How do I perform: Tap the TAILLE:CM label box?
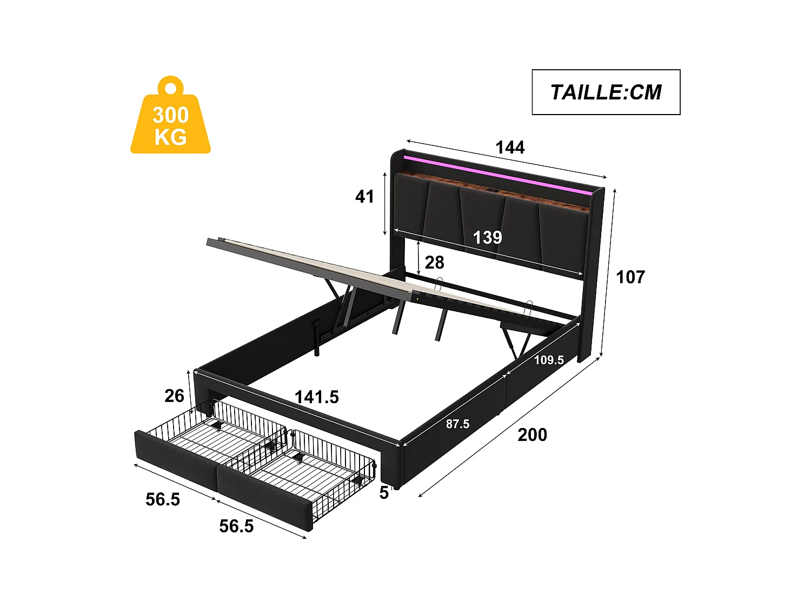point(606,92)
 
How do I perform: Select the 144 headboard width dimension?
point(510,147)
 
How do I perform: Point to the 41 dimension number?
point(364,196)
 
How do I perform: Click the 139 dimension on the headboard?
point(487,237)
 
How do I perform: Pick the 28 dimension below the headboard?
point(434,262)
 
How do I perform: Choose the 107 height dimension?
point(630,277)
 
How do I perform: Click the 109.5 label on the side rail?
point(549,360)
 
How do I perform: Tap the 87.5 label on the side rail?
point(457,424)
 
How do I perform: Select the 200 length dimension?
point(532,435)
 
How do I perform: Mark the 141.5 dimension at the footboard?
point(316,397)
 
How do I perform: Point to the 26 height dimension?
point(174,396)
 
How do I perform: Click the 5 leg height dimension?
point(384,493)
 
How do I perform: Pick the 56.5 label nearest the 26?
point(163,499)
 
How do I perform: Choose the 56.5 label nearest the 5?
point(236,526)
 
